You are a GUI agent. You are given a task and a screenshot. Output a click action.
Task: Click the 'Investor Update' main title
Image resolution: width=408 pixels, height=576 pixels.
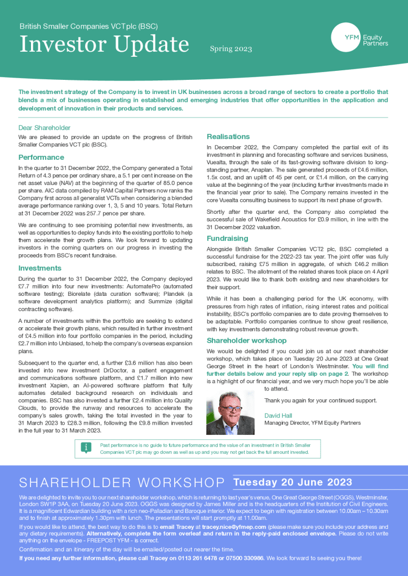tap(104, 44)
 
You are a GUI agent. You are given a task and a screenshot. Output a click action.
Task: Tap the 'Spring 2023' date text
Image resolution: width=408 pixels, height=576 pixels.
tap(231, 49)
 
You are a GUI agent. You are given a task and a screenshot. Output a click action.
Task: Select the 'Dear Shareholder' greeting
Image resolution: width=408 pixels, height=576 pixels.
tap(45, 128)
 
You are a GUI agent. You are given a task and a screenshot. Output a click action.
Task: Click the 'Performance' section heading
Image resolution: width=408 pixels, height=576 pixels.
tap(41, 157)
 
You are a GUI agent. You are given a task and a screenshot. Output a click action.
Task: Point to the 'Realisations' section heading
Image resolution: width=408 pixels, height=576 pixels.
tap(228, 137)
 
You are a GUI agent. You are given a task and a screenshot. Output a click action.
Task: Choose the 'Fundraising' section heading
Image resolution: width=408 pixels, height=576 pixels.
tap(227, 238)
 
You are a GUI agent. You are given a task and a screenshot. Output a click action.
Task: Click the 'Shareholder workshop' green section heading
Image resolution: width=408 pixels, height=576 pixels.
tap(247, 340)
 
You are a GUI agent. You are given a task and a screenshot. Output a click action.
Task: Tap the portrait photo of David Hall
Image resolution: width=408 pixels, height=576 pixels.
tap(230, 413)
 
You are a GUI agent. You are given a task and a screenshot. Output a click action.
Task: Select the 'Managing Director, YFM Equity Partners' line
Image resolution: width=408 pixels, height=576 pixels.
tap(312, 423)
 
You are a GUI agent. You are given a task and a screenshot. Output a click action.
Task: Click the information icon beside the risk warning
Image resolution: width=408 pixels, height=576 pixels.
tap(86, 448)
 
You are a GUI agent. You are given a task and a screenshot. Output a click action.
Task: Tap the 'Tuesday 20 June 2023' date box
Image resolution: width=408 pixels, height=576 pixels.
tap(292, 482)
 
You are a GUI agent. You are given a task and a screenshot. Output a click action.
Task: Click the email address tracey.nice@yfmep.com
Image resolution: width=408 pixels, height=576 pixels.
tap(234, 526)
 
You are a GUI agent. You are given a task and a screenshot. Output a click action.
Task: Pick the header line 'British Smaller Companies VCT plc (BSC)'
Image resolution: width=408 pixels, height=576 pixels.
tap(88, 26)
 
